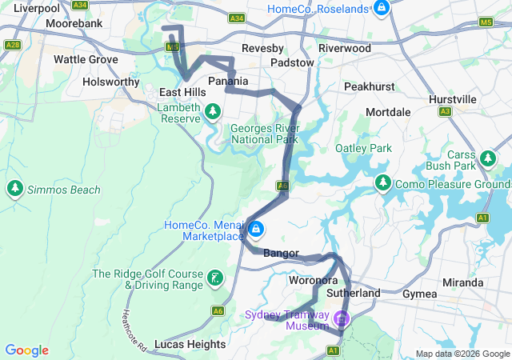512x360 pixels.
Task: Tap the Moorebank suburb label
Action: point(74,24)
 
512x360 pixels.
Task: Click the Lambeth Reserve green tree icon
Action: point(213,111)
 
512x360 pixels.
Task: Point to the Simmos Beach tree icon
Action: point(14,189)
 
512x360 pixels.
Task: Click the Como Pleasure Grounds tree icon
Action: point(383,184)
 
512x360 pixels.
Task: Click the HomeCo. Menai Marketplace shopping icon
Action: point(256,230)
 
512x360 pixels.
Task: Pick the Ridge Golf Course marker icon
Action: point(214,278)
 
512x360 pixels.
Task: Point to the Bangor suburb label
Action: point(280,254)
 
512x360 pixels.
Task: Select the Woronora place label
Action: point(313,280)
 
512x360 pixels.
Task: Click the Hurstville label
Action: point(453,98)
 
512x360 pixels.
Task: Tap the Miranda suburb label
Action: point(463,282)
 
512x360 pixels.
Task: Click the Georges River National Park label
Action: point(264,133)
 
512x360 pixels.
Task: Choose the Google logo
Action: point(26,350)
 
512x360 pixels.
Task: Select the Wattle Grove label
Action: point(85,59)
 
